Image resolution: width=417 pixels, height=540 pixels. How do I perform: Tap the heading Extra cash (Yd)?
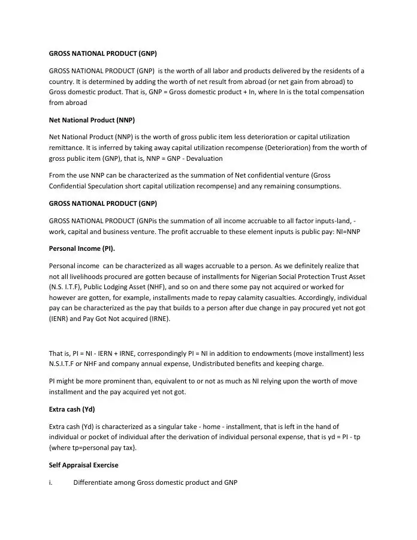[72, 409]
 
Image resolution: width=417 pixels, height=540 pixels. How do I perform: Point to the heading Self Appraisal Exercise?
[83, 465]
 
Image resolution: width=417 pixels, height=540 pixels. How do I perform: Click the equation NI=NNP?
[343, 232]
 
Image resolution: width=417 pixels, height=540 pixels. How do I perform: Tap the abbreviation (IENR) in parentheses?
[59, 319]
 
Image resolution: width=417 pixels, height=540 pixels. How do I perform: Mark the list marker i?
[51, 482]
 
